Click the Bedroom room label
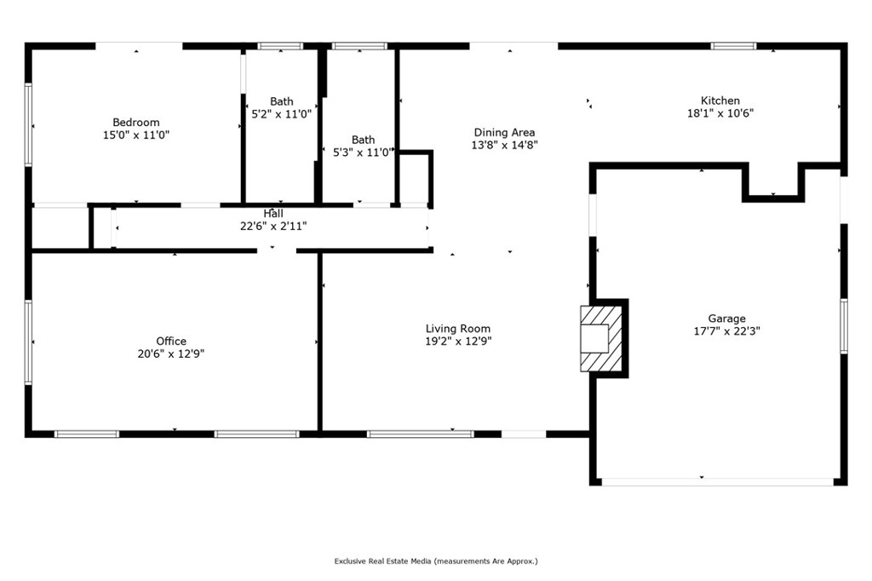coord(136,123)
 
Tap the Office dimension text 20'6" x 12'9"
coord(171,354)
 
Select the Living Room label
coord(458,329)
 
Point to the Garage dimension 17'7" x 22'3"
coord(727,331)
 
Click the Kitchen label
coord(720,101)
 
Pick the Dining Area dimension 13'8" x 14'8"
coord(504,145)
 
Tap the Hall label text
coord(273,214)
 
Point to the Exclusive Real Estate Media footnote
coord(436,561)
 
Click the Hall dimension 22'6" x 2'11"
coord(273,227)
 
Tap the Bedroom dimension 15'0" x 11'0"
coord(136,135)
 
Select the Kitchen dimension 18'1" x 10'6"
coord(720,113)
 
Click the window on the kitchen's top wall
coord(733,46)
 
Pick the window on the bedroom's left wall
coord(28,124)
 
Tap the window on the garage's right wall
coord(844,326)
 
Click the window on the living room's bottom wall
coord(421,434)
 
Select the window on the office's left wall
coord(28,342)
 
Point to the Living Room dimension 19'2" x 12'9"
coord(458,342)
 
